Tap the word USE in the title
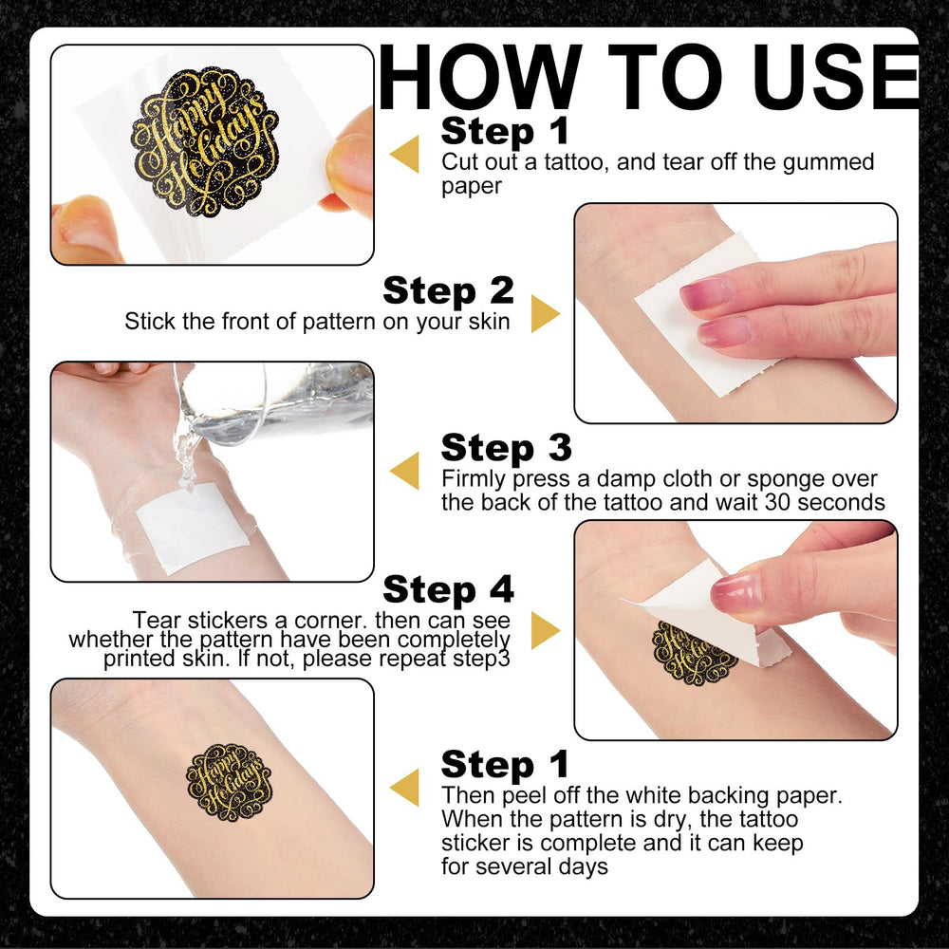click(836, 78)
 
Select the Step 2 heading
click(449, 290)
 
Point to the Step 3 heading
click(507, 448)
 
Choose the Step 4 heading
click(449, 589)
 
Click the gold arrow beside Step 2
click(546, 313)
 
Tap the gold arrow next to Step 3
click(404, 471)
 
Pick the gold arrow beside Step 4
click(546, 630)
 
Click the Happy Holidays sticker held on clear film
click(205, 142)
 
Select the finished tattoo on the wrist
click(228, 782)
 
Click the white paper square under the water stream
click(192, 527)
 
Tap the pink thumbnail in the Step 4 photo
click(735, 592)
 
